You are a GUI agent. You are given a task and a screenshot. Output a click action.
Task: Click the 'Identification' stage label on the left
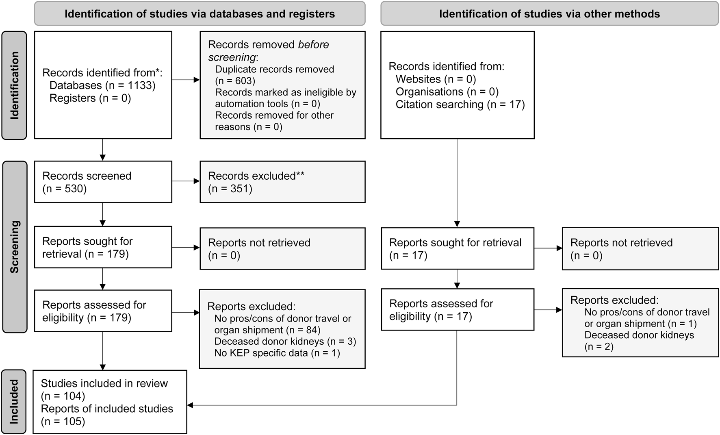(14, 85)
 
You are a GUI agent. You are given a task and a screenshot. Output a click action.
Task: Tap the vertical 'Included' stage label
(14, 402)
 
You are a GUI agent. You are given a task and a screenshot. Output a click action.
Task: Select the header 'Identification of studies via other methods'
(549, 14)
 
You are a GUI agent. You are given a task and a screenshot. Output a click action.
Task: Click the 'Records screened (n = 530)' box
(103, 182)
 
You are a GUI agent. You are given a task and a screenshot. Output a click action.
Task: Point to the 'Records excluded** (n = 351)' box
(282, 182)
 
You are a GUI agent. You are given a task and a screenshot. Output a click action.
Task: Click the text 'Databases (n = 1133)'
(102, 85)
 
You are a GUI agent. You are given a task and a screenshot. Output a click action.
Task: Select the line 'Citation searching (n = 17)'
(460, 104)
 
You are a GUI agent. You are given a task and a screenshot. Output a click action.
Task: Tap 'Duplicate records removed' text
(274, 69)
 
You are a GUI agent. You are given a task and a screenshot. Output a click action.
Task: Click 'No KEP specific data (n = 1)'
(277, 353)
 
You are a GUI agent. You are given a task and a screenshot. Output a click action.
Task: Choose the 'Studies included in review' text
(104, 383)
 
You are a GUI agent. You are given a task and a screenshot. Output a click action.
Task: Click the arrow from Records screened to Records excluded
(186, 181)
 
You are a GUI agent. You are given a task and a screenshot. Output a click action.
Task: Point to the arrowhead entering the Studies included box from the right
(190, 405)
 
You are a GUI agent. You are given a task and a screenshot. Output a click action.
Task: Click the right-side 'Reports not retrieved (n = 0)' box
(640, 249)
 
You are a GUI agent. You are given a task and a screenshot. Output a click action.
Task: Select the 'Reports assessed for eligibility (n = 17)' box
(457, 310)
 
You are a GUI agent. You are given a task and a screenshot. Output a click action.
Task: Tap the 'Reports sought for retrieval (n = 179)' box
(103, 247)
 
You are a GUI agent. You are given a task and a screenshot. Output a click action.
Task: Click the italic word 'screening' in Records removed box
(232, 57)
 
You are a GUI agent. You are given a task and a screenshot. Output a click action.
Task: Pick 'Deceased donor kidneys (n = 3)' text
(285, 341)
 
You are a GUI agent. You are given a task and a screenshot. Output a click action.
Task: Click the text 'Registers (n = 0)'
(90, 98)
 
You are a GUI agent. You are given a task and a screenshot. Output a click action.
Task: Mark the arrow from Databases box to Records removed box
(186, 80)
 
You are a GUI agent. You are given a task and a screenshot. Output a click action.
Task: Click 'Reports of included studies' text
(107, 409)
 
